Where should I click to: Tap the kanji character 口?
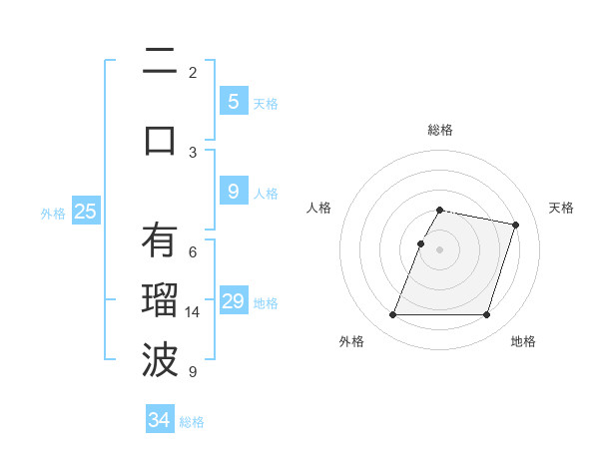point(160,139)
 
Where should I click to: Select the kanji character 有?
point(160,240)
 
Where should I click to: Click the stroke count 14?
point(193,312)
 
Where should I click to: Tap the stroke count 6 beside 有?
point(193,251)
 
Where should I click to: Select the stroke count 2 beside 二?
point(193,72)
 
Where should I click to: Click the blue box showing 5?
point(233,101)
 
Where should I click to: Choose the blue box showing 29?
point(233,301)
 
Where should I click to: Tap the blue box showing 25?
point(85,212)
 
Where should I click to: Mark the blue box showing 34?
point(159,420)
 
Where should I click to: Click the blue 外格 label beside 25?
point(53,213)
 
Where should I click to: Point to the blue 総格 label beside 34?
point(192,422)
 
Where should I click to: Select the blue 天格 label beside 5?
point(266,103)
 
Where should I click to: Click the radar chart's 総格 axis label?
point(440,130)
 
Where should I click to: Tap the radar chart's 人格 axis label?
point(319,208)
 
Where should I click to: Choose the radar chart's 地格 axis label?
point(523,341)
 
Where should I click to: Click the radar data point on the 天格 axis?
point(515,225)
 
